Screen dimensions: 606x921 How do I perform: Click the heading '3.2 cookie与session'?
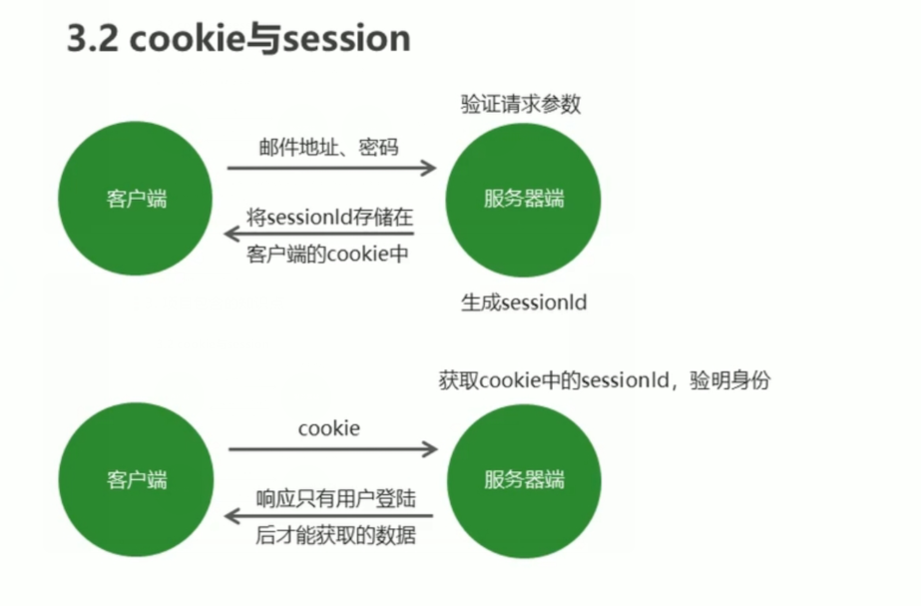[238, 39]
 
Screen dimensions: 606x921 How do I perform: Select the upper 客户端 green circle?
[137, 199]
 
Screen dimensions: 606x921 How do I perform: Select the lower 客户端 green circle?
[137, 479]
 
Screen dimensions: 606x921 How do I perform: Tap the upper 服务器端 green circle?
[523, 199]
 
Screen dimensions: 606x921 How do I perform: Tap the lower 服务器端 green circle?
[523, 479]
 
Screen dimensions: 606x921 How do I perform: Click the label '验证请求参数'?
[520, 104]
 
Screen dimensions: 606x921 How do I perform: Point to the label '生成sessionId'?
[523, 303]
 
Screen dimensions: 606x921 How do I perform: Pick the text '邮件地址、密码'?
[327, 148]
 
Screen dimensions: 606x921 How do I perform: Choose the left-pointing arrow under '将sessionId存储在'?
[318, 234]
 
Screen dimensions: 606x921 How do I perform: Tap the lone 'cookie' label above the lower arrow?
[328, 428]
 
